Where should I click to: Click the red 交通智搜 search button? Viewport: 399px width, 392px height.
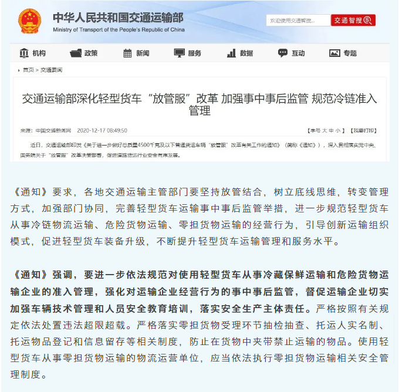point(353,20)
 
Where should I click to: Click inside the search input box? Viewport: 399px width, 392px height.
point(297,21)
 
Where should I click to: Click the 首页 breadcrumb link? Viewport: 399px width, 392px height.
point(28,70)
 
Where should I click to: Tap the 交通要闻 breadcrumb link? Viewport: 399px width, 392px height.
point(51,70)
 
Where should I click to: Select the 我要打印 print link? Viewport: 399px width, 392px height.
point(364,130)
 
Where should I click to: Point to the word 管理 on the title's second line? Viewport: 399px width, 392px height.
point(199,110)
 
